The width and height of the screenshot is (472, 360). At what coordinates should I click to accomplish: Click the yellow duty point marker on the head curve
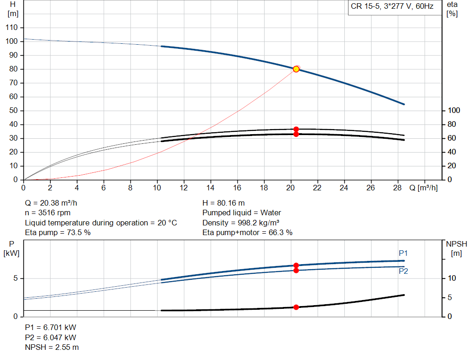point(296,69)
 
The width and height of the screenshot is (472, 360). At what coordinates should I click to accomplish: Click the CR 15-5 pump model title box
point(392,7)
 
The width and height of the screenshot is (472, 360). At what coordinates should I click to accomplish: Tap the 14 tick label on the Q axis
point(211,188)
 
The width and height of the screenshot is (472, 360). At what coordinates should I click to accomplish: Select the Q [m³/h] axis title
point(423,188)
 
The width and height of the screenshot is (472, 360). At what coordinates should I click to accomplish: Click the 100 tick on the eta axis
point(454,111)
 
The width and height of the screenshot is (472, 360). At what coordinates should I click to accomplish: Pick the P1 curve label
point(403,253)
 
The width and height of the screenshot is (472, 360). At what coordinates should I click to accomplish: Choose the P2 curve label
point(403,271)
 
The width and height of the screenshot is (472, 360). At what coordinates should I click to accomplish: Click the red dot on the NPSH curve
point(296,307)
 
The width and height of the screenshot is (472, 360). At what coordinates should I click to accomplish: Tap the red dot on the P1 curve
point(296,266)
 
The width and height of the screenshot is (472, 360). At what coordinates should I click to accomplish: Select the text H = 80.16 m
point(224,203)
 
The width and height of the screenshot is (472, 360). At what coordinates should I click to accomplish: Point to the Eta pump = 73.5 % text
point(58,232)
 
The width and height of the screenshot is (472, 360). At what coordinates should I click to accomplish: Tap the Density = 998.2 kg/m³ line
point(241,223)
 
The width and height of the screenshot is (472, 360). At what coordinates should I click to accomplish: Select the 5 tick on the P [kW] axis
point(16,278)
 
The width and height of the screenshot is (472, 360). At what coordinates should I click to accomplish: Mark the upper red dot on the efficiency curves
point(296,130)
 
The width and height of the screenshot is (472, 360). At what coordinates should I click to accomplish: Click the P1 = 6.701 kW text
point(50,327)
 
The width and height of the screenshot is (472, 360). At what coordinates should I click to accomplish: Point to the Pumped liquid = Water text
point(242,213)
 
